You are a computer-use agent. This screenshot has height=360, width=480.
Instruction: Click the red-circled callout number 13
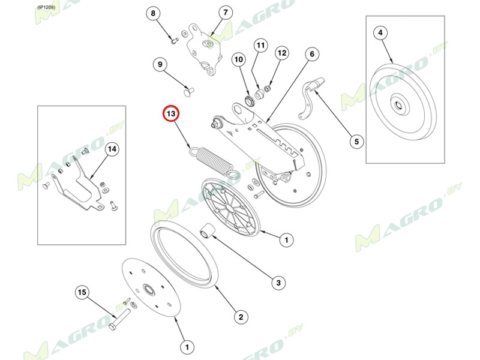170,114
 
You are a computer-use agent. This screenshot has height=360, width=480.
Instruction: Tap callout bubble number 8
153,13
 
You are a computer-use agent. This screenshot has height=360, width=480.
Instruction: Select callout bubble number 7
226,13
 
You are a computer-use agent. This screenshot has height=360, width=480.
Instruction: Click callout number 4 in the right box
380,32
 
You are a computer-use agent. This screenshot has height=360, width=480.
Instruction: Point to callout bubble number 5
356,142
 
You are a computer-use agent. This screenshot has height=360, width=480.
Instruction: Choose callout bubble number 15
82,292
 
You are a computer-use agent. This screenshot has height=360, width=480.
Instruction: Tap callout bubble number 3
278,282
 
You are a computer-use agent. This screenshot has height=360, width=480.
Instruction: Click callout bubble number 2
241,317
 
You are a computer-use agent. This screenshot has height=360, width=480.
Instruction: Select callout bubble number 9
160,65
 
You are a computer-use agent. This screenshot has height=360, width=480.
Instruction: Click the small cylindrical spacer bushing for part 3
208,231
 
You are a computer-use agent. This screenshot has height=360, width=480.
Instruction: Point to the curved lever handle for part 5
310,98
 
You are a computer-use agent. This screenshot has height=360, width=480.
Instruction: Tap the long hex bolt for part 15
119,319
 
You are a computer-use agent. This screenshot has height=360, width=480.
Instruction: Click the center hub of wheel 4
399,105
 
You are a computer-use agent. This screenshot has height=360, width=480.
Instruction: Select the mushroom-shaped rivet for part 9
189,91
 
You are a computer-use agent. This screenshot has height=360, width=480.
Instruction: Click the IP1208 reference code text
47,7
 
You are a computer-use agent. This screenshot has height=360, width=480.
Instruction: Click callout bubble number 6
312,54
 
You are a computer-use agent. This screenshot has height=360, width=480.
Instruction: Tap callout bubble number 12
281,53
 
